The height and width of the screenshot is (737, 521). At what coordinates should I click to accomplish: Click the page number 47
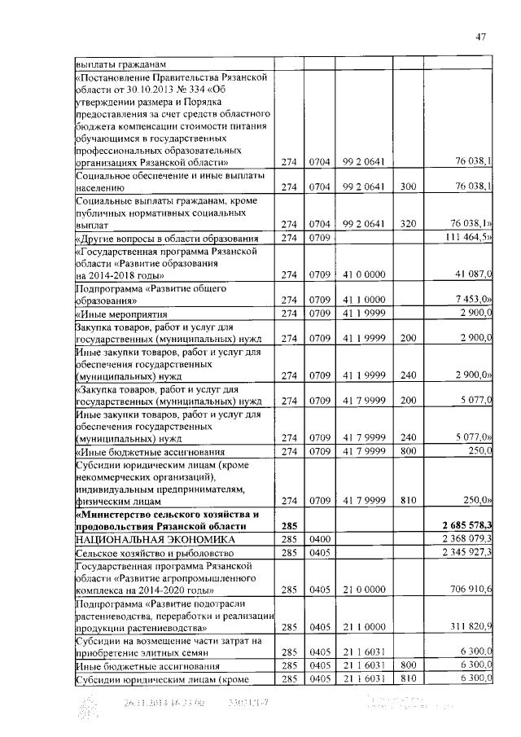(x=480, y=35)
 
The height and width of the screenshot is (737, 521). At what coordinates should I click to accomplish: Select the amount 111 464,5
(x=469, y=237)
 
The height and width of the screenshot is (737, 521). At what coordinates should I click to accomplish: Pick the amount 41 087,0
(x=472, y=274)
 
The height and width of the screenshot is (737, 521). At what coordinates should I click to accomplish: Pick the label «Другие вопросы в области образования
(x=167, y=238)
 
